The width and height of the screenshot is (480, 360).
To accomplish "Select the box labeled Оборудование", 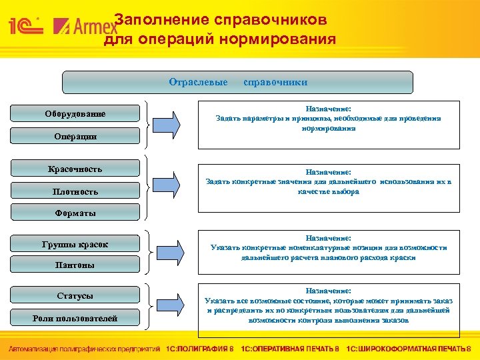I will pos(75,114).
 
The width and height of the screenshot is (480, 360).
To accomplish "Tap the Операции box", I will pos(75,137).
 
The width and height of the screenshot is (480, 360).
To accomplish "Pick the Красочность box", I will pos(75,169).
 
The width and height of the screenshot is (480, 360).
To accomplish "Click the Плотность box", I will pos(75,192).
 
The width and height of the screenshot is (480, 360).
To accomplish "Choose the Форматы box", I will pos(75,213).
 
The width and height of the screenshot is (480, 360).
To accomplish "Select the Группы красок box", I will pos(75,245).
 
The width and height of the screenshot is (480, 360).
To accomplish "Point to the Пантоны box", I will pos(75,265).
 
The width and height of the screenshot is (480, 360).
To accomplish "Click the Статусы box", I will pos(75,296).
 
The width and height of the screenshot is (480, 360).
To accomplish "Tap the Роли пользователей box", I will pos(75,319).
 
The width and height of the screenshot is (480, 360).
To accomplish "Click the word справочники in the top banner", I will pos(275,82).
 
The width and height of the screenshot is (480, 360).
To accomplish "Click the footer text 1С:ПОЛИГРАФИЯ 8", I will pos(200,349).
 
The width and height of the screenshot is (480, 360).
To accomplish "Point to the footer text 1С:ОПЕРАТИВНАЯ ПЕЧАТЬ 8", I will pos(290,349).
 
